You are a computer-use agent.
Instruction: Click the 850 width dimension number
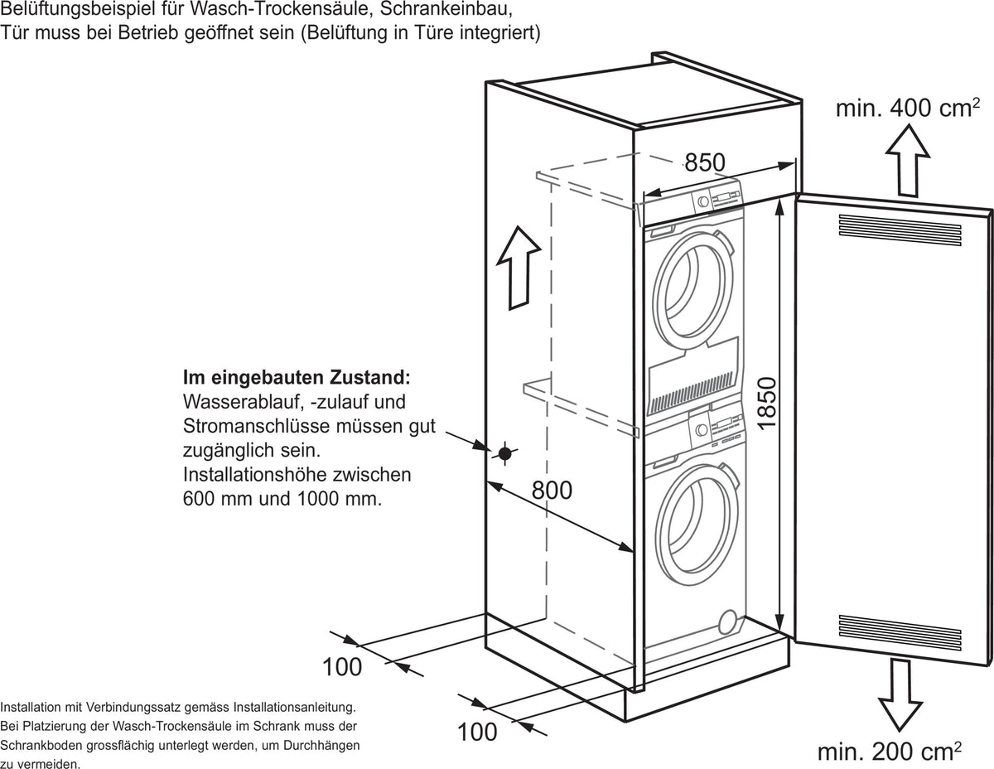[x=704, y=162]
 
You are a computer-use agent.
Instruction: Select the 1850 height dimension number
[x=767, y=404]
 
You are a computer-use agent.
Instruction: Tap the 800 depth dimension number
[x=552, y=491]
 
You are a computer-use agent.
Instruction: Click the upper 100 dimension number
[x=342, y=667]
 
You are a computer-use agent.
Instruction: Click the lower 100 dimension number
[x=477, y=732]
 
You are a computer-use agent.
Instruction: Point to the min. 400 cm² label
[x=908, y=108]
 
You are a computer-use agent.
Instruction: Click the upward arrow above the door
[x=908, y=161]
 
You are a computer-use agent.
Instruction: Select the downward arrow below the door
[x=900, y=695]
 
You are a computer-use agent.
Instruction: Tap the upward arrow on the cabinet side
[x=519, y=268]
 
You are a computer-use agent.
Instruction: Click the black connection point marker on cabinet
[x=504, y=454]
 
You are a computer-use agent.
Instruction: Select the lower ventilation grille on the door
[x=900, y=633]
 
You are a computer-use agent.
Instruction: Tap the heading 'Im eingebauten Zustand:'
[x=297, y=378]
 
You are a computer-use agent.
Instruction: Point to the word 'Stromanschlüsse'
[x=256, y=427]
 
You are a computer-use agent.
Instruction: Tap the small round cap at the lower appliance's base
[x=729, y=621]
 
